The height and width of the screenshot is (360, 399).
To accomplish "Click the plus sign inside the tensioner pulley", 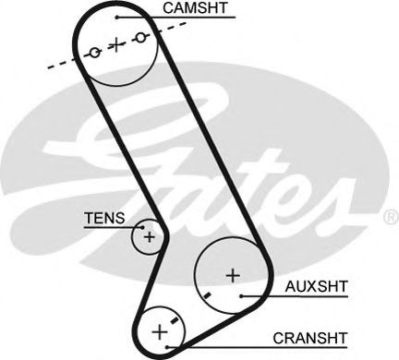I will click(148, 238).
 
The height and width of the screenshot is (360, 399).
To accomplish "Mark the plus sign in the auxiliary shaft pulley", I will click(233, 274).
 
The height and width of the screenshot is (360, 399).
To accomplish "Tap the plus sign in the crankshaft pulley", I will click(160, 330).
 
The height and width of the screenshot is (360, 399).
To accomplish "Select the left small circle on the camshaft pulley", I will click(93, 53).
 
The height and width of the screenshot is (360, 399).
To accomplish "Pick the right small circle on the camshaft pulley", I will click(140, 38).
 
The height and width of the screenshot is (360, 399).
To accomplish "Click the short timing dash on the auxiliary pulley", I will click(209, 294).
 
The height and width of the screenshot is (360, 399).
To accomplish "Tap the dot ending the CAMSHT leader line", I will click(116, 17).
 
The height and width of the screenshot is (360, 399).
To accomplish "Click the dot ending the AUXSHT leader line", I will click(241, 295).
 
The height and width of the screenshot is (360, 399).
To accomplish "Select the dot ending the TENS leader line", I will click(140, 224).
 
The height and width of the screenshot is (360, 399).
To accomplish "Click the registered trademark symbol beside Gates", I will click(388, 219).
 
